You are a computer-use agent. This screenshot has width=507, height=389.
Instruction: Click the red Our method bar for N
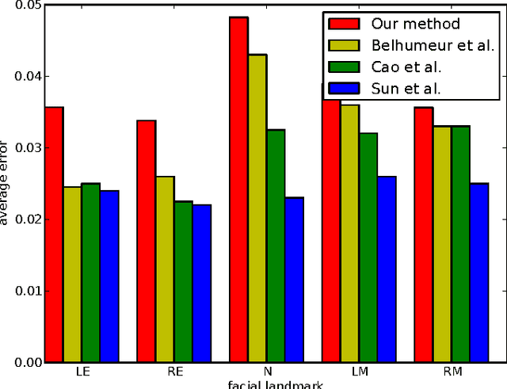point(238,189)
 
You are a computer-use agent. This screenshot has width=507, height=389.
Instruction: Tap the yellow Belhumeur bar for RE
point(165,269)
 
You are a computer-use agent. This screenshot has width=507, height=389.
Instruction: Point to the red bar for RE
point(146,241)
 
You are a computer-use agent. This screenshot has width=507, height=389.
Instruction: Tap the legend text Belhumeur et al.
point(431,46)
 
